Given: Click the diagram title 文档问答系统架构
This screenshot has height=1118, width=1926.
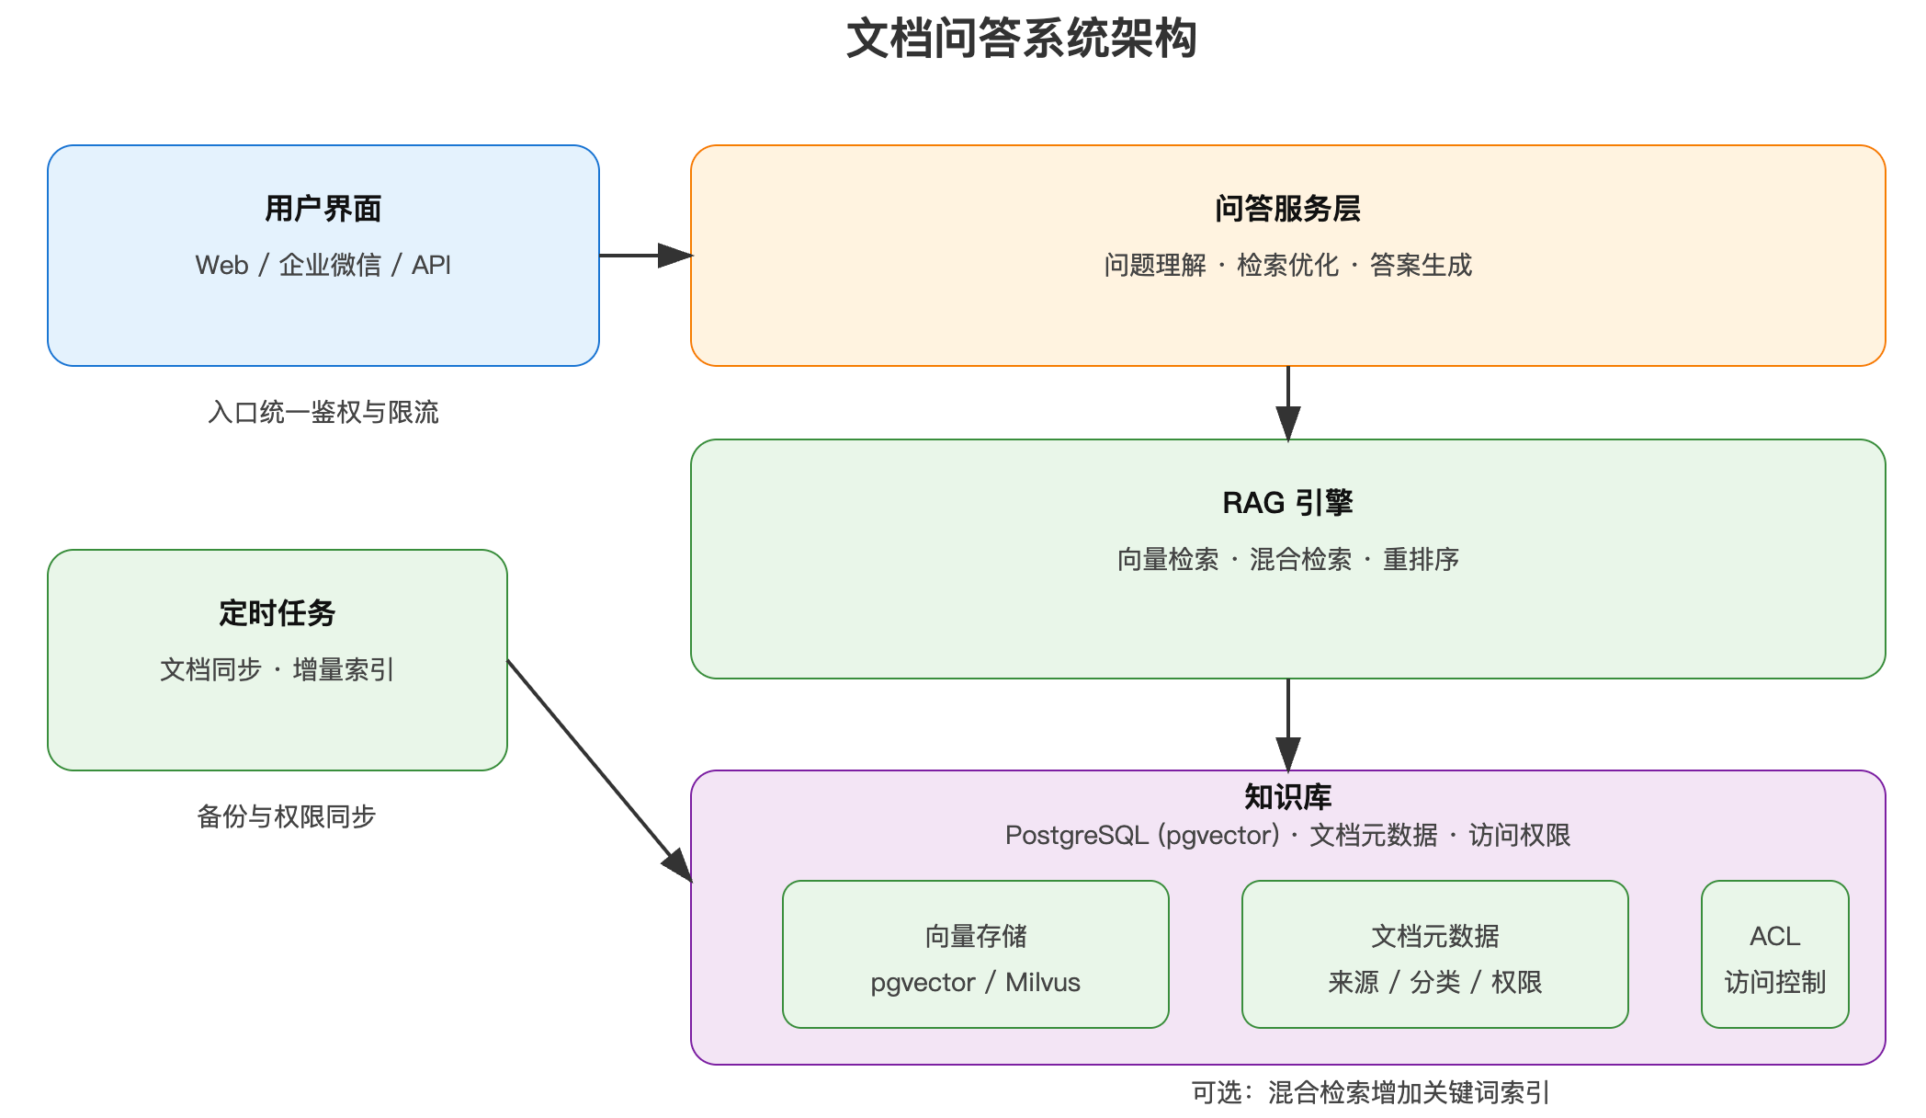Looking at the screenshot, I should (x=1021, y=39).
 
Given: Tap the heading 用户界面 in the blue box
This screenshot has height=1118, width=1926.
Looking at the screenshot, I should (x=323, y=209).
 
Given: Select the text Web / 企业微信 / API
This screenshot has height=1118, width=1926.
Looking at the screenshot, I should (x=323, y=265).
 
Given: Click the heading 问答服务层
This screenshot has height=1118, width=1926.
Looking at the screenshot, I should (x=1287, y=209).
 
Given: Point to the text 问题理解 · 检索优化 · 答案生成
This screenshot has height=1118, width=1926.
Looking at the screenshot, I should (x=1287, y=265).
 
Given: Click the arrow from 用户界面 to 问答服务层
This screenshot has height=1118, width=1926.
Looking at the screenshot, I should (x=643, y=256).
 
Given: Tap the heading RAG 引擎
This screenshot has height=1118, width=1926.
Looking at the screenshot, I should (x=1287, y=503).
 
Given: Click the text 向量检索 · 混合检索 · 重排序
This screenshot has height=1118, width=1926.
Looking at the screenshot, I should (x=1287, y=559).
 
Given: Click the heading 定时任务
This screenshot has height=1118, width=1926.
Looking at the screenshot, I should (x=277, y=613).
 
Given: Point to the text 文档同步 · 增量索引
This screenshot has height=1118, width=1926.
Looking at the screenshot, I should (x=277, y=669).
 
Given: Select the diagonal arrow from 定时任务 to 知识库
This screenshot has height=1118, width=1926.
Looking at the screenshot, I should (x=597, y=769).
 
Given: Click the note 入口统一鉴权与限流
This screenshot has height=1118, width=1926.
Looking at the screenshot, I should (x=323, y=412).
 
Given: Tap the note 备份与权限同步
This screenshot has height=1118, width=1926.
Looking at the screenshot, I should (x=286, y=816).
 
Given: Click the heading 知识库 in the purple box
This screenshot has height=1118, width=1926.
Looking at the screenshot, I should (x=1287, y=796).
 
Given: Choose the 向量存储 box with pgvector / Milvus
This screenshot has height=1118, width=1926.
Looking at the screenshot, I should (x=975, y=954).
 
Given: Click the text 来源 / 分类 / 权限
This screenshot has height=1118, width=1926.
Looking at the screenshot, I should (x=1434, y=982).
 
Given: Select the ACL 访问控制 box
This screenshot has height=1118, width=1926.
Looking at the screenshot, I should (x=1774, y=954).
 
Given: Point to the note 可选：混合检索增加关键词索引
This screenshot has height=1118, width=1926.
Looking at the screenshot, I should (x=1370, y=1092).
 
